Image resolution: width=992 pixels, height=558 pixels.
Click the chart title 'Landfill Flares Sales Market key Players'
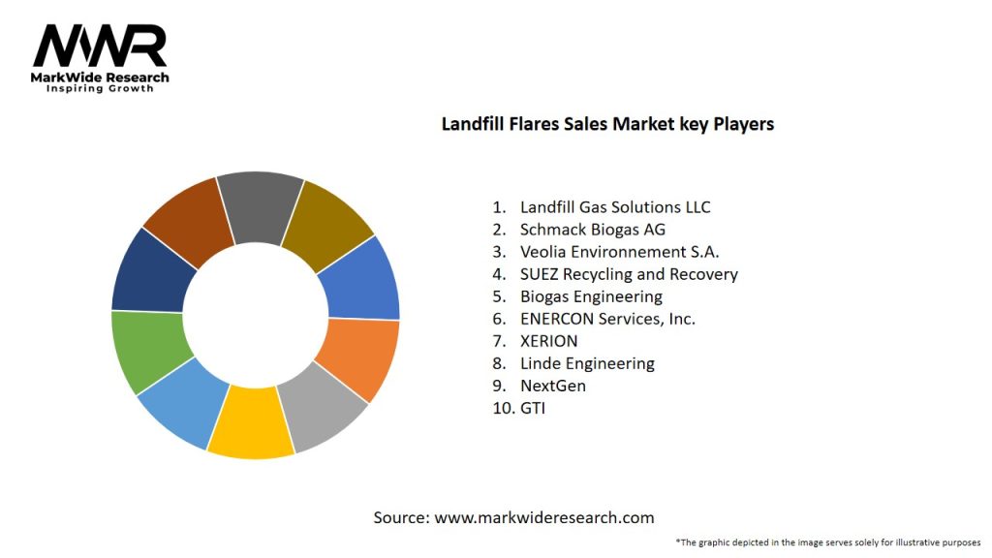coord(607,124)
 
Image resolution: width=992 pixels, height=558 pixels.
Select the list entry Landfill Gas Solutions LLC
coord(615,207)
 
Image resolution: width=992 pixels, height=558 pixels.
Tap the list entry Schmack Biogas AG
coord(593,230)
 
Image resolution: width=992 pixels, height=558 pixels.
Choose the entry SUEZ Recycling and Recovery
coord(629,274)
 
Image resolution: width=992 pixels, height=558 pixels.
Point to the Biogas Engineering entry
coord(591,296)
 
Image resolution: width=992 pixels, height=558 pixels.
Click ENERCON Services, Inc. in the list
coord(607,319)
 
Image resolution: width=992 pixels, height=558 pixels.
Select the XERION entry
coord(548,341)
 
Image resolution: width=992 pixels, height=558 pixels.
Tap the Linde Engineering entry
coord(587,363)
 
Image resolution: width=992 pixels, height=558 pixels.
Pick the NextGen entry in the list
coord(552,386)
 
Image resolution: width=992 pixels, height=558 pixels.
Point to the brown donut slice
coord(188,219)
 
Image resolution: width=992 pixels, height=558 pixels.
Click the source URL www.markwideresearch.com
coord(543,517)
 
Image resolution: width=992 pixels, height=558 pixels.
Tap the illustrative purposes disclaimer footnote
coord(828,542)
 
